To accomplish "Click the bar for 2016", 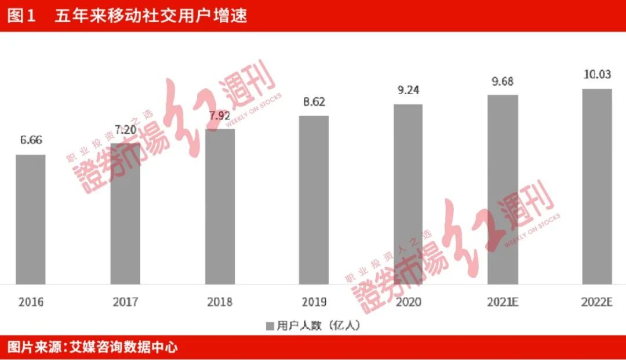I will [31, 219].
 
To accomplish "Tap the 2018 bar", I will [220, 206].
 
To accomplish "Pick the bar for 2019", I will [314, 200].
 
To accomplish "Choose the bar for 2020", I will [408, 194].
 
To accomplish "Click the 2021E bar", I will [503, 190].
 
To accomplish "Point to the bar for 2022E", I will [597, 186].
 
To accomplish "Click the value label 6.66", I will [31, 140].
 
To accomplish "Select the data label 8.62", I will [314, 102].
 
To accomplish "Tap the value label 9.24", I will [408, 90].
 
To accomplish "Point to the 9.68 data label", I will [503, 81].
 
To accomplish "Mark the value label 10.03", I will [597, 75].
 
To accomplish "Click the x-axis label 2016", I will [31, 302].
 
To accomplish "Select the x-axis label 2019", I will [314, 302].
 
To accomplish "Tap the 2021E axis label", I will [503, 302].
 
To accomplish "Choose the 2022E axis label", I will [597, 302].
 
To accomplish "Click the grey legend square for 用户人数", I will [270, 326].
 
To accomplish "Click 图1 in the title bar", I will [21, 16].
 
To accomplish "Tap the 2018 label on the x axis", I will [220, 302].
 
